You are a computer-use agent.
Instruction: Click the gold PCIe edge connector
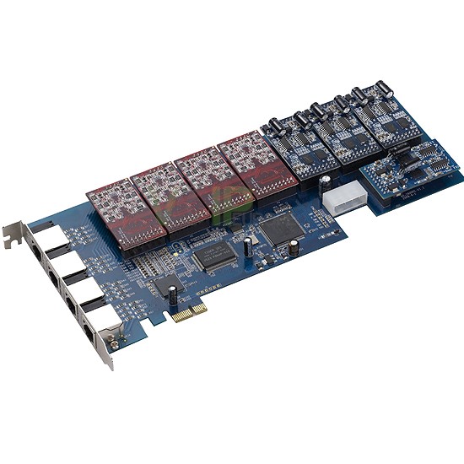190,313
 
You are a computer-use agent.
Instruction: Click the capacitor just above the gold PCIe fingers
173,295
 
